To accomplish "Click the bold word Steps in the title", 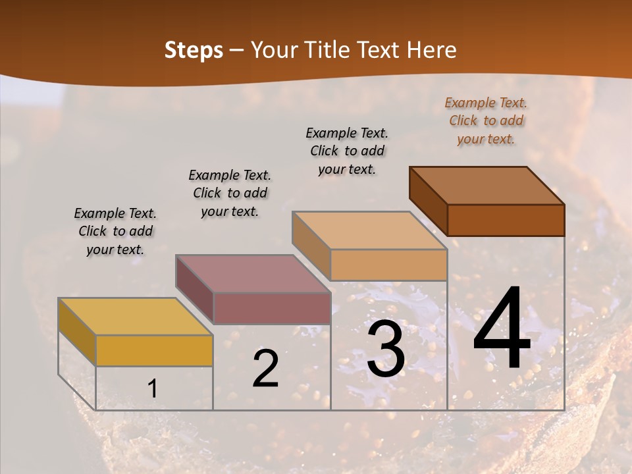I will pyautogui.click(x=194, y=50).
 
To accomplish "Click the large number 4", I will pyautogui.click(x=502, y=330).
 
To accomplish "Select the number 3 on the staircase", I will pyautogui.click(x=386, y=350).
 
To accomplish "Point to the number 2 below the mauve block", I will pyautogui.click(x=265, y=369).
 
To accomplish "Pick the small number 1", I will pyautogui.click(x=152, y=389).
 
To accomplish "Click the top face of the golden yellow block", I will pyautogui.click(x=135, y=316).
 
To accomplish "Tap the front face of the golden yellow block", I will pyautogui.click(x=154, y=350).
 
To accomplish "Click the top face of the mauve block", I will pyautogui.click(x=252, y=273).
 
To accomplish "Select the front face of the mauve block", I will pyautogui.click(x=271, y=308).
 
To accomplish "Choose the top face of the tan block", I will pyautogui.click(x=369, y=230).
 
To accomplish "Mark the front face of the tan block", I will pyautogui.click(x=388, y=265).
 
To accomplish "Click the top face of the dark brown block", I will pyautogui.click(x=487, y=185).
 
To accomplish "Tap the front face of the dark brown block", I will pyautogui.click(x=506, y=220).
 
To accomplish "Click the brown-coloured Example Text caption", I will pyautogui.click(x=486, y=120).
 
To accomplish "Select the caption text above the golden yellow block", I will pyautogui.click(x=115, y=231).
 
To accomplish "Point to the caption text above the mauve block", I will pyautogui.click(x=230, y=193).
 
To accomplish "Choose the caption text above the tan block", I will pyautogui.click(x=347, y=151).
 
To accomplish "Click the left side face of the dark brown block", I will pyautogui.click(x=428, y=201).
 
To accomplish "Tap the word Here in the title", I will pyautogui.click(x=433, y=50).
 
